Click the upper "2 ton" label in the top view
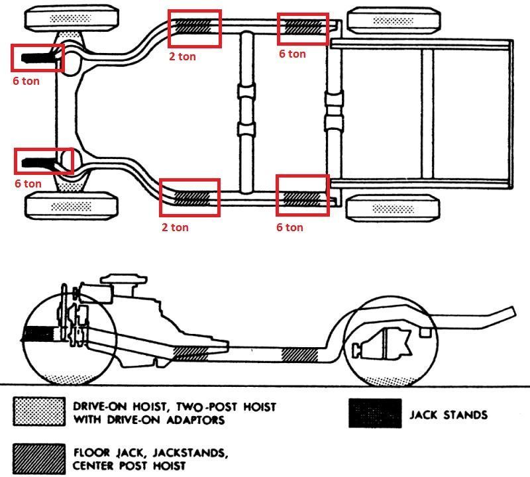[x=183, y=56]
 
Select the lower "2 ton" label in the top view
[x=175, y=227]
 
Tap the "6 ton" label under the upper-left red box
[x=26, y=81]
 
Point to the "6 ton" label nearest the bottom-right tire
[x=290, y=227]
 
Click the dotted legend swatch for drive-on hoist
[x=39, y=411]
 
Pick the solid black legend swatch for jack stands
[x=375, y=413]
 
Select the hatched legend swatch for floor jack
[x=39, y=458]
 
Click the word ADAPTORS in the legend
[x=195, y=420]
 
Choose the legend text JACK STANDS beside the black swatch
[x=449, y=415]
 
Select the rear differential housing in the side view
[x=382, y=344]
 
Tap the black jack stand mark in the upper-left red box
[x=37, y=58]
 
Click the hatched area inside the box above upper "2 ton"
[x=193, y=25]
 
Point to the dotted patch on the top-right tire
[x=393, y=21]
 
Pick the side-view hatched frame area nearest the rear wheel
[x=300, y=354]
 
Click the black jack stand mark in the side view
[x=38, y=334]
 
